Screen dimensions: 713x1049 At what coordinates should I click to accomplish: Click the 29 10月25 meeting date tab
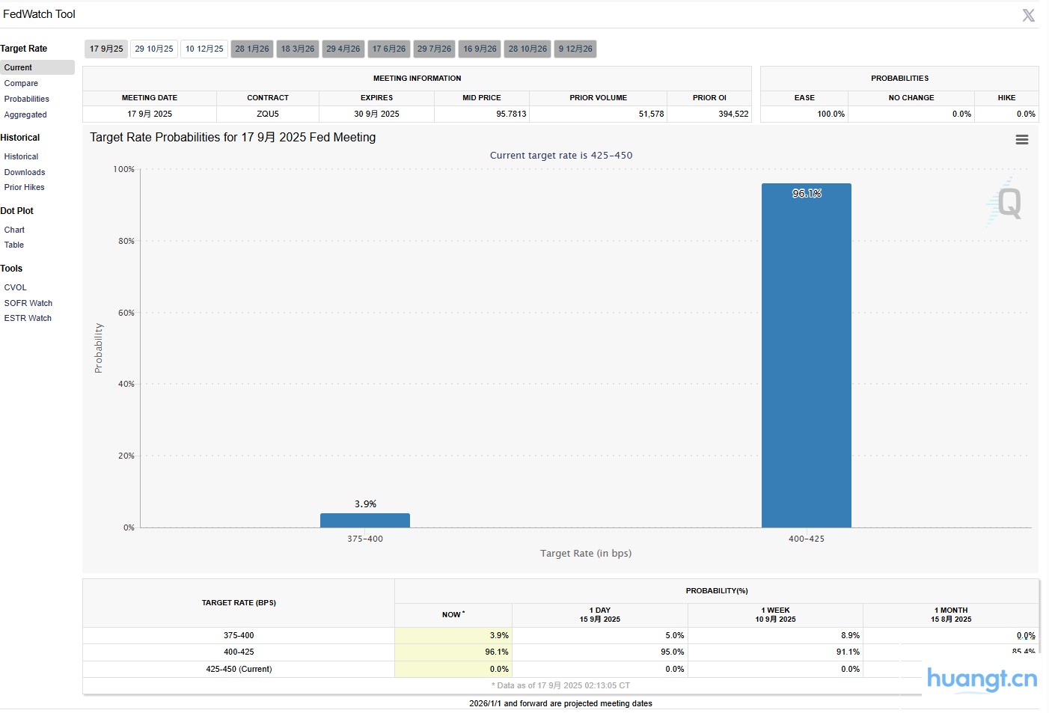154,49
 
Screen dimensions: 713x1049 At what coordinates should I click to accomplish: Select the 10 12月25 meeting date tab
204,49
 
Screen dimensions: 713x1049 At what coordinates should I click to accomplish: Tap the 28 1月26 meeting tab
252,49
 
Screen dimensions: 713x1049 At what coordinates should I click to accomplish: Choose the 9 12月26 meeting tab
575,49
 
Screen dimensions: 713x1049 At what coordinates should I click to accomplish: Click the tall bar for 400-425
806,359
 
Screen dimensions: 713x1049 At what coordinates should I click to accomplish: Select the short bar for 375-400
365,520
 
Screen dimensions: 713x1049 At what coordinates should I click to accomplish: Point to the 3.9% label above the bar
365,504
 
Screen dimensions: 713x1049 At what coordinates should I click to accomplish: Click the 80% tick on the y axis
126,241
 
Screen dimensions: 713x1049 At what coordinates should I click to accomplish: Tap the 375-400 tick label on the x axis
365,539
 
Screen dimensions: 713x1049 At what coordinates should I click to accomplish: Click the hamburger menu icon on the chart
1021,140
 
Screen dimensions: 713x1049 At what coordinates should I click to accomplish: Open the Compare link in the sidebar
21,83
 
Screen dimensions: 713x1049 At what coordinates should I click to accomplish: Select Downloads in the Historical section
25,172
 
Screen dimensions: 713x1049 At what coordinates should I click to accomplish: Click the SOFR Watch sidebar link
28,303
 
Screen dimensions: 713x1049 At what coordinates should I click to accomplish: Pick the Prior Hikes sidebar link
25,187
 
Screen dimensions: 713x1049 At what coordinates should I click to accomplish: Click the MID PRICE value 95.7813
511,114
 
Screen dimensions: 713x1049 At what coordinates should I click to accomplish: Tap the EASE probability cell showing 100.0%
831,114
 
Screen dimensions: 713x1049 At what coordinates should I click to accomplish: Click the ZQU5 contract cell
268,114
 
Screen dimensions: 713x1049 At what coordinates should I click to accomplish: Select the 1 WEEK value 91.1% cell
848,652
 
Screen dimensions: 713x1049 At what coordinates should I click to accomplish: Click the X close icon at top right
1029,15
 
